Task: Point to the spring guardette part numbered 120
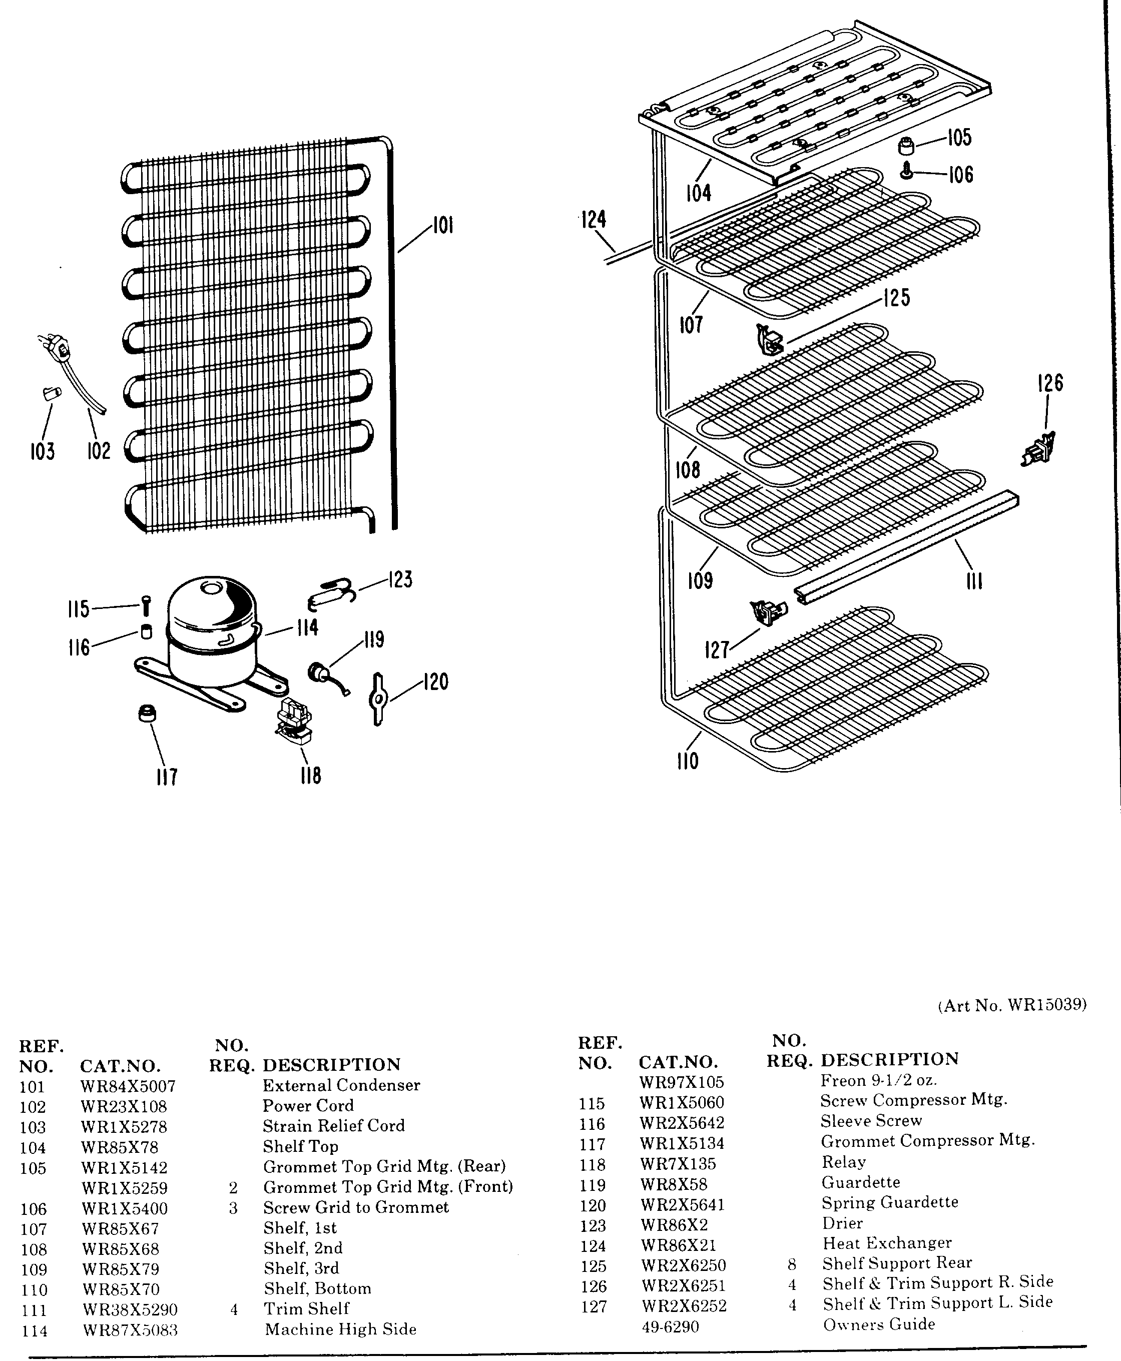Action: pyautogui.click(x=378, y=699)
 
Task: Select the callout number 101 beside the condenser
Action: pyautogui.click(x=442, y=226)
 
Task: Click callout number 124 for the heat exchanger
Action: pyautogui.click(x=594, y=220)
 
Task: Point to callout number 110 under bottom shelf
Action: pyautogui.click(x=688, y=761)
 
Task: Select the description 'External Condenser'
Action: pyautogui.click(x=341, y=1085)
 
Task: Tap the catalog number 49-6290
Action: pyautogui.click(x=670, y=1327)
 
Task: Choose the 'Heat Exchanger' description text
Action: pyautogui.click(x=887, y=1243)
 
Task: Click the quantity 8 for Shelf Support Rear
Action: pyautogui.click(x=792, y=1264)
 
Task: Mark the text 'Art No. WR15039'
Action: pyautogui.click(x=1012, y=1005)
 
